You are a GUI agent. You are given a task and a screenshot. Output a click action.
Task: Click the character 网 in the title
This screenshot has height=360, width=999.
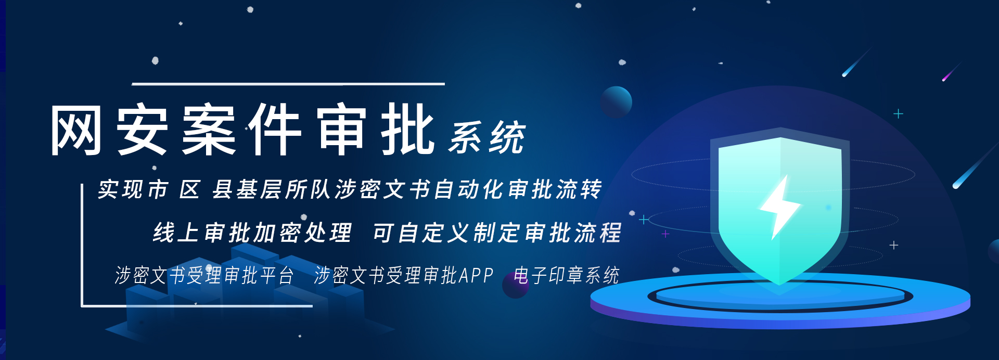click(76, 130)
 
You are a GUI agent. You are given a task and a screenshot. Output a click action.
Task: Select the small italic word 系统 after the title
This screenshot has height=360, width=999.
click(487, 137)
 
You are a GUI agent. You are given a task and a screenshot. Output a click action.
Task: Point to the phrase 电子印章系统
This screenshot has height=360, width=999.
click(566, 275)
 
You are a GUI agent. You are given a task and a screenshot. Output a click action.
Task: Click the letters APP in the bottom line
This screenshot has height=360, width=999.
click(476, 275)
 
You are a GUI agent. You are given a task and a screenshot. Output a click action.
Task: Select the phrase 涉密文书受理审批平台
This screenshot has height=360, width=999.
click(204, 275)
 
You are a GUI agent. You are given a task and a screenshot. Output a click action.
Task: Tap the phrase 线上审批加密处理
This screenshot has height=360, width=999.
click(252, 233)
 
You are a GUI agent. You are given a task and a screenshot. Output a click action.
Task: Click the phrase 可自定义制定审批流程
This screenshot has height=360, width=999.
click(497, 233)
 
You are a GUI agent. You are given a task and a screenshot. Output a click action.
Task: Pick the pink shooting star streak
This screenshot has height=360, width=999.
click(951, 72)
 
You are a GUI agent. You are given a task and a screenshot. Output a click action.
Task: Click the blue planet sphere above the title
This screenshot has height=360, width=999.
click(616, 102)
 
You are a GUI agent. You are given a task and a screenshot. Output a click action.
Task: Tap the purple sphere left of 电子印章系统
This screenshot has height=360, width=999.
click(515, 285)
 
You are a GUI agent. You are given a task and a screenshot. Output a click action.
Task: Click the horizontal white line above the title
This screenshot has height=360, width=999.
click(288, 84)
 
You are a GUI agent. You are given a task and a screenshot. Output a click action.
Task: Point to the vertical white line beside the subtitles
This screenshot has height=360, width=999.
click(82, 245)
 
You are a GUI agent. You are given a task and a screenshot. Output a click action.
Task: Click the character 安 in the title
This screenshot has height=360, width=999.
click(142, 130)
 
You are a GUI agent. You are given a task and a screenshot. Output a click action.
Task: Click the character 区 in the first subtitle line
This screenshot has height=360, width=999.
click(189, 189)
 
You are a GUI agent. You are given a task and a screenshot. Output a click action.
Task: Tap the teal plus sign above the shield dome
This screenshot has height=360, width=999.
click(898, 113)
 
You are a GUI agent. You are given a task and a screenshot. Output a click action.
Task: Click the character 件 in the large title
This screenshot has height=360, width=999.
click(275, 130)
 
